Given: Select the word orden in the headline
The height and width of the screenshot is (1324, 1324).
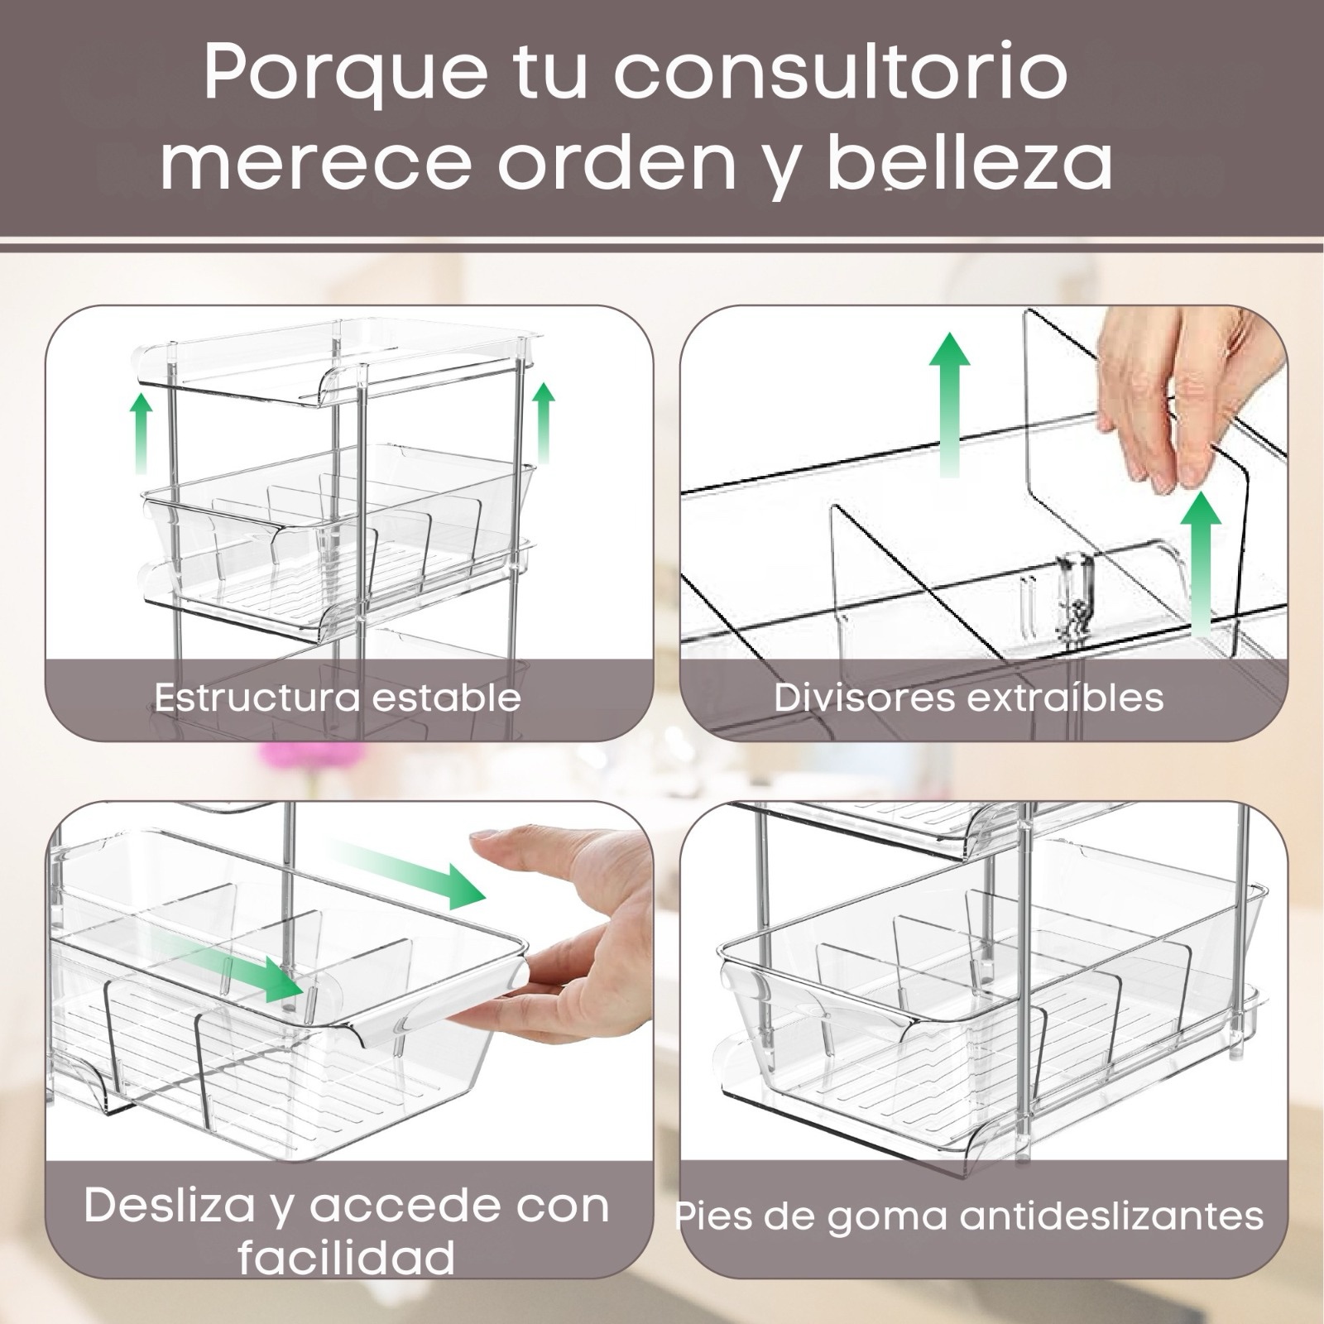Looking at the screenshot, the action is click(x=617, y=162).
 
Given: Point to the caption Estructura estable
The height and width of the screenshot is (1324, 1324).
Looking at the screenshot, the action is click(x=338, y=698).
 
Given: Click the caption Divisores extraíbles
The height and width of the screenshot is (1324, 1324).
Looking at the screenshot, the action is click(x=969, y=698).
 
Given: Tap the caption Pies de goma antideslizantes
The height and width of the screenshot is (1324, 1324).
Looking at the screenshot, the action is click(x=969, y=1216).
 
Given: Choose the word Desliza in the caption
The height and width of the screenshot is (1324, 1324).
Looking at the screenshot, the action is click(x=170, y=1206).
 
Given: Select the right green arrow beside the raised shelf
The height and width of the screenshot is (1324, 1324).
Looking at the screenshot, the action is click(x=544, y=423).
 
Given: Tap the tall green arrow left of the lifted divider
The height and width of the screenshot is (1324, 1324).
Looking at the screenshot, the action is click(x=948, y=404).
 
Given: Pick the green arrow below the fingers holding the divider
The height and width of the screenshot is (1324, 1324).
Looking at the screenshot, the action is click(x=1200, y=559).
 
